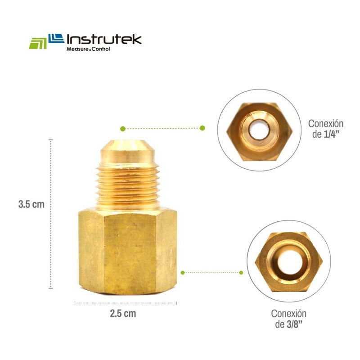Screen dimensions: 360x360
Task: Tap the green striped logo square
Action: [x=37, y=43]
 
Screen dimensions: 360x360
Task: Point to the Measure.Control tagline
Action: [x=88, y=49]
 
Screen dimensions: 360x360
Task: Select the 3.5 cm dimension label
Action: [x=31, y=204]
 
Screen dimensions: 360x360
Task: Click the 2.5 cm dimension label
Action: [x=123, y=313]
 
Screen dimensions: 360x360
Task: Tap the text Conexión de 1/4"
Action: [x=325, y=129]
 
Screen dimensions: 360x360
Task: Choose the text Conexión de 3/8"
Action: [x=288, y=319]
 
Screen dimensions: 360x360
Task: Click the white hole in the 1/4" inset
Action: [x=259, y=130]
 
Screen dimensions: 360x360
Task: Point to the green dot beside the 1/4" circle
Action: [x=202, y=128]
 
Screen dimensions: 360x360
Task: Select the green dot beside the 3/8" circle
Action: [x=241, y=272]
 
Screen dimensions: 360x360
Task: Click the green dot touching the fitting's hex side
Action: [x=182, y=272]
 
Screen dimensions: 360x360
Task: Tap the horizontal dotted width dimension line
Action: [x=126, y=303]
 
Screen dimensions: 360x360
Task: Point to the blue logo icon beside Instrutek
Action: [x=55, y=39]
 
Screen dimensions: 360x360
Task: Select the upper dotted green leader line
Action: [x=162, y=128]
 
